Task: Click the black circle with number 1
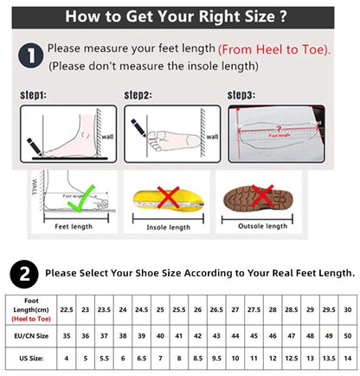coord(30,57)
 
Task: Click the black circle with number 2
coord(22,273)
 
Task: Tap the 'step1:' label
coord(32,94)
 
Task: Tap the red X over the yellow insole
coord(168,197)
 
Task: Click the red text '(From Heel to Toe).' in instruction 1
coord(274,50)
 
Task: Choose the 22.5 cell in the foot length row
coord(65,309)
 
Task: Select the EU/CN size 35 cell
coord(65,333)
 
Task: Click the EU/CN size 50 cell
coord(347,333)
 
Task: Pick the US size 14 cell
coord(347,357)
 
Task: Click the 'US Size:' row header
coord(29,357)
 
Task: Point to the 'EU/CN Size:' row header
coord(29,333)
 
